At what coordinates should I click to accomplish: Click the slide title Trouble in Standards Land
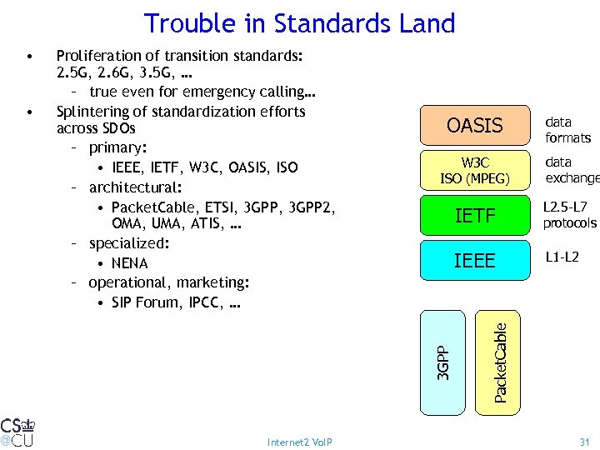click(299, 22)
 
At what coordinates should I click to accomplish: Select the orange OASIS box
click(474, 126)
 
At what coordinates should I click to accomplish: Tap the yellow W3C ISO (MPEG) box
click(474, 169)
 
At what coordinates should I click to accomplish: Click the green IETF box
click(474, 217)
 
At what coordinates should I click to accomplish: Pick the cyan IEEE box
click(474, 261)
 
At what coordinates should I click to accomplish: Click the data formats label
click(567, 130)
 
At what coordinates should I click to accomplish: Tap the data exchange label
click(572, 170)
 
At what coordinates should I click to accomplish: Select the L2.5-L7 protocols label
click(570, 214)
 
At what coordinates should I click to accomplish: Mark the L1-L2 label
click(561, 258)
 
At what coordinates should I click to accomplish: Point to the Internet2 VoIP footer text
click(299, 442)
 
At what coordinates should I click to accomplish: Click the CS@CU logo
click(17, 430)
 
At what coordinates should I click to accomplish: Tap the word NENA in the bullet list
click(129, 263)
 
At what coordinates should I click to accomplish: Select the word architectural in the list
click(129, 187)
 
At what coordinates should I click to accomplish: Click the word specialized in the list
click(127, 243)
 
